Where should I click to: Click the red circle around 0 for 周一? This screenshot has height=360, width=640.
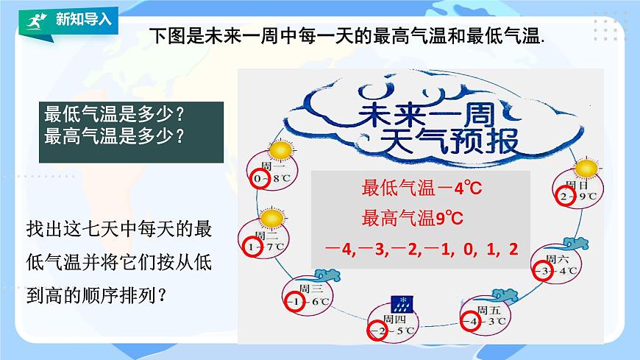click(x=258, y=179)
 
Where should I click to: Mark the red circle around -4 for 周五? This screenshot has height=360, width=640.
click(x=470, y=321)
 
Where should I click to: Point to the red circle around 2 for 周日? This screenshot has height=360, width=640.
click(x=563, y=197)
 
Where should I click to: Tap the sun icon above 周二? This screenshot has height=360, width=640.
click(x=271, y=219)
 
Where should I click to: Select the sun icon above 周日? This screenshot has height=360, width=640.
click(x=586, y=169)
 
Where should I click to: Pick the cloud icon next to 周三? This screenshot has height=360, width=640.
click(x=327, y=276)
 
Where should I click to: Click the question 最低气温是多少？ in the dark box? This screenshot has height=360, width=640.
click(x=114, y=116)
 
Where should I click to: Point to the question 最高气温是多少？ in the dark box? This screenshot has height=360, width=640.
click(x=114, y=135)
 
